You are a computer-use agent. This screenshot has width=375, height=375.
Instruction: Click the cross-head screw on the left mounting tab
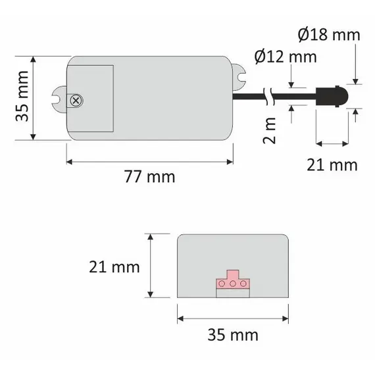coord(76,100)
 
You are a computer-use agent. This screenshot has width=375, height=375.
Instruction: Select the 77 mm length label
coord(150,177)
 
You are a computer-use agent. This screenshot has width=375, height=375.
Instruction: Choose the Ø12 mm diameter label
coord(284,57)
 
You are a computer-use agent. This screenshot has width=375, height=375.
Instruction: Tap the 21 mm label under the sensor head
coord(332,164)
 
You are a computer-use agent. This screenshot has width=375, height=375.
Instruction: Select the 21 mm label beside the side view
coord(115,266)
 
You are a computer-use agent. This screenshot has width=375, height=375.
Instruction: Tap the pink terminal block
coord(232,282)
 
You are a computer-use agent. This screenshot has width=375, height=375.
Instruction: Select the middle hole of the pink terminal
coord(232,284)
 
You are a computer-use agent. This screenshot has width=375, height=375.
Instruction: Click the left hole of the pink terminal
coord(222,284)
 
